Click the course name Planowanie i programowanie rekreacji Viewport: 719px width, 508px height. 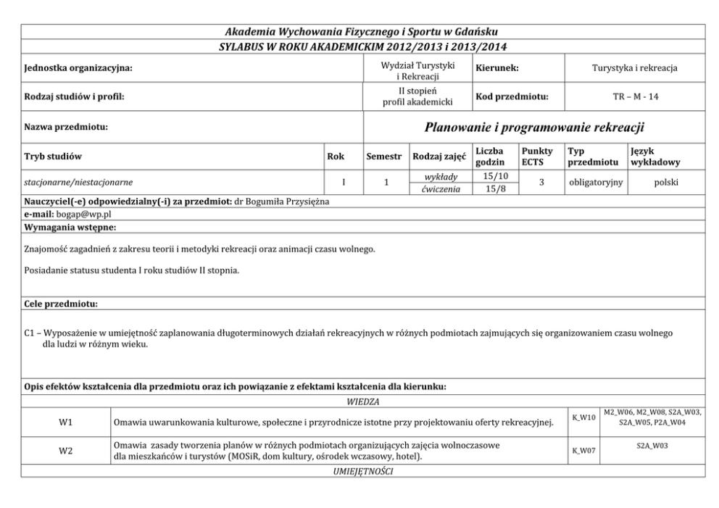pyautogui.click(x=534, y=128)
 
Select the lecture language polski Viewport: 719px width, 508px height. pyautogui.click(x=665, y=183)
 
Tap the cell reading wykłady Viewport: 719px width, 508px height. pyautogui.click(x=439, y=176)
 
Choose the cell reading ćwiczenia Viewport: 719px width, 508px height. pyautogui.click(x=439, y=189)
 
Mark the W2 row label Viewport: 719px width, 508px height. pyautogui.click(x=65, y=451)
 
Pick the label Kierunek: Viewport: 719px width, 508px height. pyautogui.click(x=497, y=68)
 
